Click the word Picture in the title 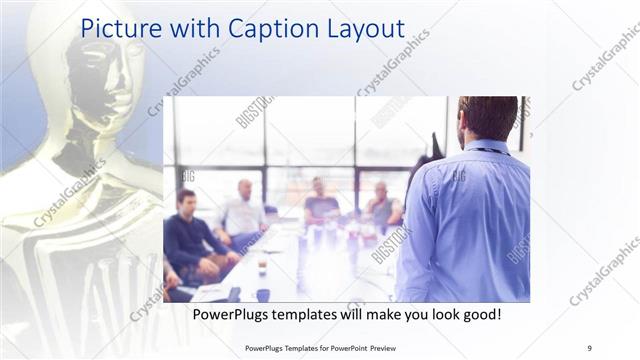pos(119,28)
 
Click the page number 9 pos(589,348)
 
